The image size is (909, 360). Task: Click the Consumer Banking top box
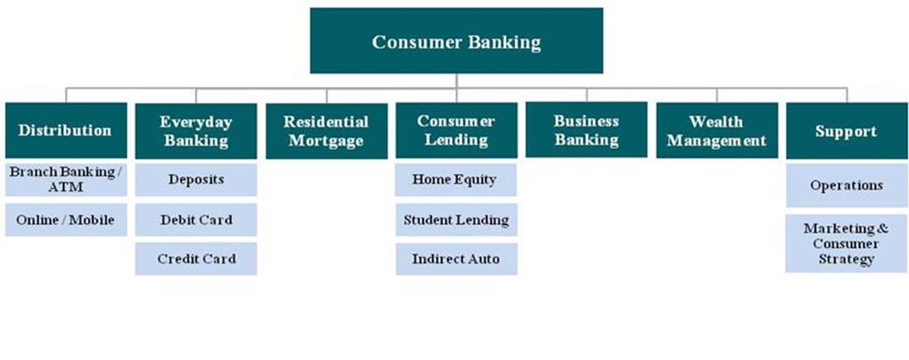(x=456, y=41)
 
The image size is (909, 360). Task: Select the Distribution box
(x=65, y=131)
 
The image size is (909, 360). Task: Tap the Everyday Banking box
(x=196, y=131)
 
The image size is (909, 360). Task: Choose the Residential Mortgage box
(x=326, y=131)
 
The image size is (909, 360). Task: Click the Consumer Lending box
(x=456, y=131)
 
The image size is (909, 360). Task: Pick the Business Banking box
(x=586, y=130)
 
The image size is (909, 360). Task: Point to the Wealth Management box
(x=716, y=131)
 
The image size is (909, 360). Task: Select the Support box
(x=846, y=131)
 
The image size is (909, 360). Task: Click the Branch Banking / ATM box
(x=65, y=178)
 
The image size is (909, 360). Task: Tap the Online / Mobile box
(x=65, y=220)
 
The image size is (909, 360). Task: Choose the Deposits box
(x=196, y=179)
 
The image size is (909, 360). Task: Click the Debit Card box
(x=196, y=220)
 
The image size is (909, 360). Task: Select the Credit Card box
(x=196, y=258)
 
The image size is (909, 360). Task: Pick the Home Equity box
(x=456, y=179)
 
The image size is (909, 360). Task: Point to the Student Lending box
(x=456, y=220)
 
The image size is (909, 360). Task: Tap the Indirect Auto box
(x=456, y=258)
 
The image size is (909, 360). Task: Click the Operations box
(x=846, y=186)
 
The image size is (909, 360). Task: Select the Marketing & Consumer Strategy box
(x=846, y=244)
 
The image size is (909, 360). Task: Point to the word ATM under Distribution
(x=65, y=186)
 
